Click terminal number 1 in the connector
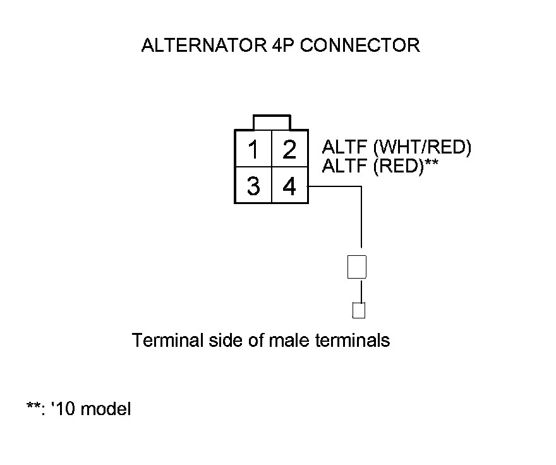(253, 150)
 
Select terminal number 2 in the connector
(289, 150)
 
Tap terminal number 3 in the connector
(253, 186)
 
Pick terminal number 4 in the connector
(289, 186)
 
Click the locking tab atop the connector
(272, 122)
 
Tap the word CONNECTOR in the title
(360, 45)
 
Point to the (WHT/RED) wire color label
(423, 148)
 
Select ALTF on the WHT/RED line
(344, 148)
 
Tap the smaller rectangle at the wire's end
(359, 310)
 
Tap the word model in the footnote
(107, 409)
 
